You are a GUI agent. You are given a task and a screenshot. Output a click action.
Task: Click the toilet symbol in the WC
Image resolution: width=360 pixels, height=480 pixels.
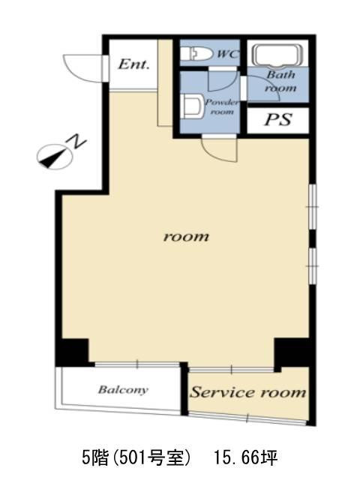click(196, 55)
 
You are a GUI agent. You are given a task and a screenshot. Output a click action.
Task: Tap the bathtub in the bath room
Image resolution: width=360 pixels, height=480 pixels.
click(277, 56)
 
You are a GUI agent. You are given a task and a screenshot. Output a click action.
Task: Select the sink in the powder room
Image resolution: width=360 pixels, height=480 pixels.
click(192, 106)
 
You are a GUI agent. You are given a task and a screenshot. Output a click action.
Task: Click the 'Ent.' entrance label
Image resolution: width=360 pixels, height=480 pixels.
click(133, 64)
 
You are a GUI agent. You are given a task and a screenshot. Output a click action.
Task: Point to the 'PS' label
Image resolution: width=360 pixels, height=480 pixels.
click(278, 120)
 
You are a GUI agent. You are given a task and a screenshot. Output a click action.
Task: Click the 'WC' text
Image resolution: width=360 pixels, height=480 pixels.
click(227, 55)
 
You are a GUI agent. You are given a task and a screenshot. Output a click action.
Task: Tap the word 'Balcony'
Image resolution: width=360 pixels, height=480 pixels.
click(123, 390)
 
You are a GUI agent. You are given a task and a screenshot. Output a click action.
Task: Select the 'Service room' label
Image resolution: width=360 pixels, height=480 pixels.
click(247, 392)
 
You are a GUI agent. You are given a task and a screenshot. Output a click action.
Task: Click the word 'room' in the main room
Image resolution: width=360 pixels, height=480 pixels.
click(186, 236)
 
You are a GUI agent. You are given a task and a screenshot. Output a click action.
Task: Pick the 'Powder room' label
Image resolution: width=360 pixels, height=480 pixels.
click(222, 106)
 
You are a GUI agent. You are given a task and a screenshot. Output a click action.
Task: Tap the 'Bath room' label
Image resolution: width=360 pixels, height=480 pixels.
click(280, 82)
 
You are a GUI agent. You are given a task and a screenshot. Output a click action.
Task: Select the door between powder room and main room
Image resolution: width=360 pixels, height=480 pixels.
click(220, 149)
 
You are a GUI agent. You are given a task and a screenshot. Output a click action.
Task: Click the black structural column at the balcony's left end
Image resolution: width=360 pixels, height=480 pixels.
click(73, 351)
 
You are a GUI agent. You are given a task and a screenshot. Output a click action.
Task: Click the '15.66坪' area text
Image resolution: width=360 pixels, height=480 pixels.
click(245, 458)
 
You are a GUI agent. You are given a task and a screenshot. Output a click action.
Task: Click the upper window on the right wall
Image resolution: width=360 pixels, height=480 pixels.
click(312, 207)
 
